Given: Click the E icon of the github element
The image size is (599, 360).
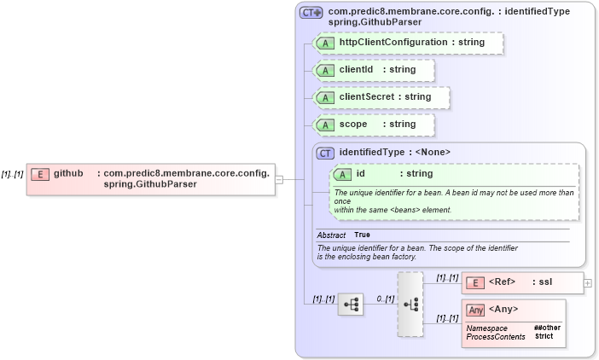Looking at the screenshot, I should (x=39, y=174).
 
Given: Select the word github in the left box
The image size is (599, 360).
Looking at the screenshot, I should (x=69, y=173).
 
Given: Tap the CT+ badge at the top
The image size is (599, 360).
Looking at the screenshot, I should (x=311, y=13).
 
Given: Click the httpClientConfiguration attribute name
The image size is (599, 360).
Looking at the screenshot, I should (x=393, y=42).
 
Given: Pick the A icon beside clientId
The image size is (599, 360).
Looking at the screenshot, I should (x=325, y=70).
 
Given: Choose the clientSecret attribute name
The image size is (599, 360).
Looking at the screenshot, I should (x=367, y=96).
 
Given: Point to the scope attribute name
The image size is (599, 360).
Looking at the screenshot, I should (x=353, y=124).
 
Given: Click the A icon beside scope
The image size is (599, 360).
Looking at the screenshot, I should (x=325, y=125).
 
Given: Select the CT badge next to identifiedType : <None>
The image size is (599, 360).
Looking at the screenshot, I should (x=325, y=153).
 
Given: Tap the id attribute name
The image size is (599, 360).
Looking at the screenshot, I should (x=361, y=174).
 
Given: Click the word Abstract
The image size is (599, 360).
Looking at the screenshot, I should (x=331, y=235).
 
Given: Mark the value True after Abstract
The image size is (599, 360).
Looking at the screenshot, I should (x=363, y=235).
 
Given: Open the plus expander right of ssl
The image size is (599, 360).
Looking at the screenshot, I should (x=588, y=282).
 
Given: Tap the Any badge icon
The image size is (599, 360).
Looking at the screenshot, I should (x=475, y=310).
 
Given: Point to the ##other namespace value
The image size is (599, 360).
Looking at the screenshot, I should (x=546, y=328).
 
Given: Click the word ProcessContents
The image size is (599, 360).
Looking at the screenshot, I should (x=496, y=337).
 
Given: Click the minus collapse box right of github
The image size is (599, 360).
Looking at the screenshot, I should (x=279, y=179).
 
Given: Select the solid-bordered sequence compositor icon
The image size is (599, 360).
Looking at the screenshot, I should (x=351, y=304).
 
